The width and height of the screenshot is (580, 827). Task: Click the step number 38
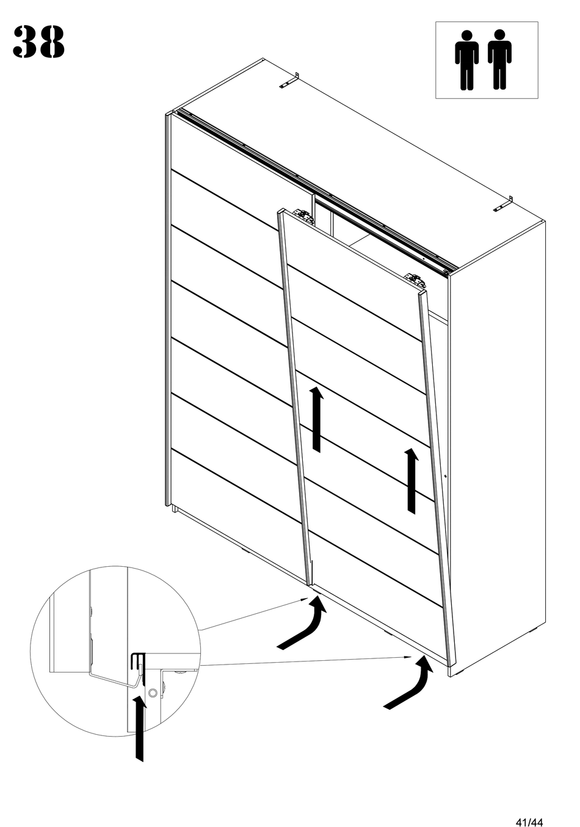pyautogui.click(x=38, y=42)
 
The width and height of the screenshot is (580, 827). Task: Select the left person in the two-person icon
pyautogui.click(x=466, y=60)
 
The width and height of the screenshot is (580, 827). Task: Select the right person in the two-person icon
pyautogui.click(x=499, y=59)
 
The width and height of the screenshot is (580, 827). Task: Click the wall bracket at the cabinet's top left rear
pyautogui.click(x=289, y=81)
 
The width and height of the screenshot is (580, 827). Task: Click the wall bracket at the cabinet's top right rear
pyautogui.click(x=503, y=204)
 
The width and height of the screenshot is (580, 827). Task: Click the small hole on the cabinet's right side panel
pyautogui.click(x=446, y=476)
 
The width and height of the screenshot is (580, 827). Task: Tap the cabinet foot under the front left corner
pyautogui.click(x=175, y=509)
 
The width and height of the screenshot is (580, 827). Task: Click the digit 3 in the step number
pyautogui.click(x=24, y=42)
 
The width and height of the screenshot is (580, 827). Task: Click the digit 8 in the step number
pyautogui.click(x=52, y=42)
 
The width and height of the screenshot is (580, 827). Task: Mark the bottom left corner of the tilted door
pyautogui.click(x=309, y=585)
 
